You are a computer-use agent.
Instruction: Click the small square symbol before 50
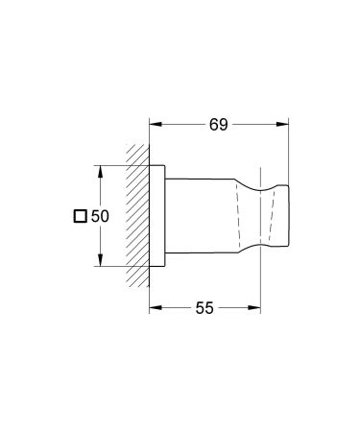(x=82, y=217)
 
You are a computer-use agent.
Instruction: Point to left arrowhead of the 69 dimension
(x=155, y=123)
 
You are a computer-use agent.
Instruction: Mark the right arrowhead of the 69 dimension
(x=285, y=123)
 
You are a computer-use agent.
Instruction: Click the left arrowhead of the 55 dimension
(x=155, y=308)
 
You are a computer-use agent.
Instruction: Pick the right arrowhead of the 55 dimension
(x=258, y=308)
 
